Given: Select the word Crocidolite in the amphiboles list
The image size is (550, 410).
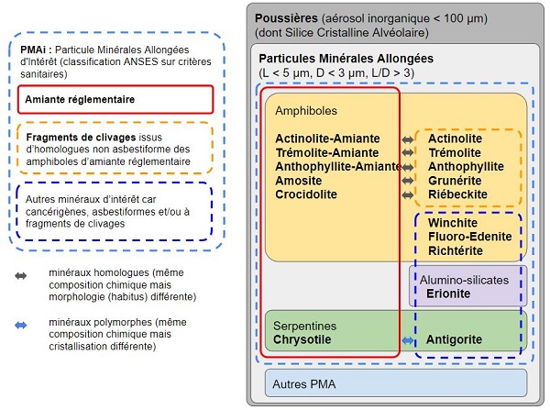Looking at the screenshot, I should point(306,194).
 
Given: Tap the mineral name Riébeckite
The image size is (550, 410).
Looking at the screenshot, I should point(457,194).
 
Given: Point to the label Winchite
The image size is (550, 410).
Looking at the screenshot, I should point(453,222).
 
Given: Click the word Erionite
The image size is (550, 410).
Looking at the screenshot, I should point(449,294).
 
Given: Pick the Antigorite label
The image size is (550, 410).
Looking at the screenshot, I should point(455,340).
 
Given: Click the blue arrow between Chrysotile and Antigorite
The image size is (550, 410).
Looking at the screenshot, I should point(408,340).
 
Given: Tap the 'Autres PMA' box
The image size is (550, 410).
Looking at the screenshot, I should point(395,382).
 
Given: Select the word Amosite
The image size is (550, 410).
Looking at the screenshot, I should point(299,181).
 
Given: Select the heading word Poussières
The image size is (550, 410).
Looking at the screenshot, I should point(286,18).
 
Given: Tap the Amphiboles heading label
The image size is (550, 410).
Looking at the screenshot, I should point(306,111).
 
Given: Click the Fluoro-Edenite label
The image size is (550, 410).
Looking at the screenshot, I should point(469,236).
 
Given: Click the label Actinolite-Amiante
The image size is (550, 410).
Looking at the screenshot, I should point(327,139).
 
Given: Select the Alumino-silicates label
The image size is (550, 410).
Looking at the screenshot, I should point(467,279).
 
